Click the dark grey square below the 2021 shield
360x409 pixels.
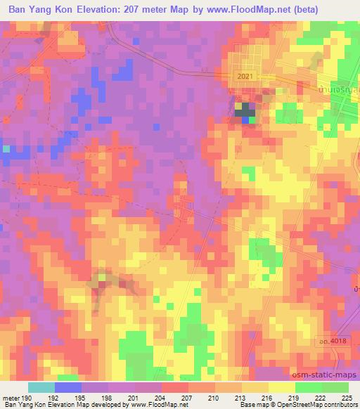click(x=245, y=110)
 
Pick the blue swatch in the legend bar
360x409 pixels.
click(x=67, y=387)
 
